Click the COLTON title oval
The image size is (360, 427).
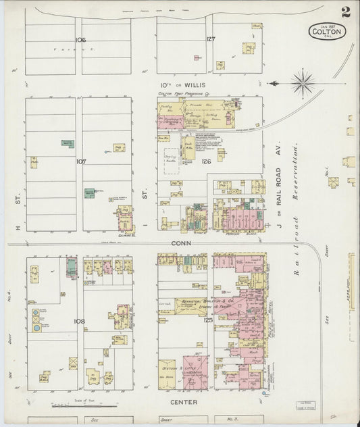[328, 31]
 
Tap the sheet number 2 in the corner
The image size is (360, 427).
[345, 12]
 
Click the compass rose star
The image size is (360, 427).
[303, 83]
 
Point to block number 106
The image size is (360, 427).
[81, 40]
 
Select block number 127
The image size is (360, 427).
[211, 39]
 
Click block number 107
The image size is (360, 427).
[81, 161]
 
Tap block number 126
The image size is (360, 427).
[206, 161]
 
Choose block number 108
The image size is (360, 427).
[80, 321]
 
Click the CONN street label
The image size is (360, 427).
[181, 243]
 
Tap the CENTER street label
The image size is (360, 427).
[184, 402]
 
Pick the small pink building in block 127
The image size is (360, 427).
[197, 58]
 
